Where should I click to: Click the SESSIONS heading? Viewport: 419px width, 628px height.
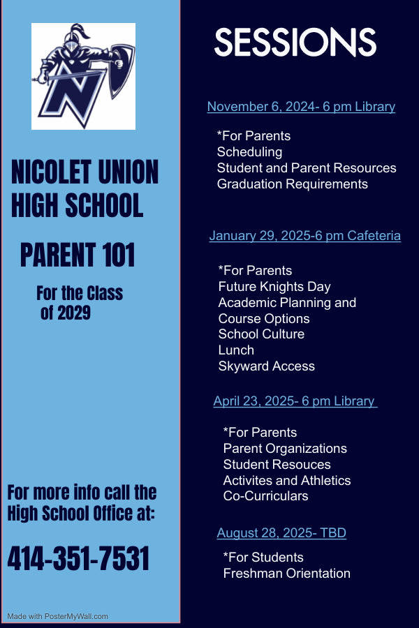pos(295,43)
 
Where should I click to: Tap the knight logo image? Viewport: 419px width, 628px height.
pos(83,76)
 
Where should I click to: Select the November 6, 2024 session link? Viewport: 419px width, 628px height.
pos(301,107)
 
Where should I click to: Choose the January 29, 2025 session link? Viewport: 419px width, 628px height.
pos(304,236)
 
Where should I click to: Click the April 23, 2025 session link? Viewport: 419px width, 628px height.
pos(295,401)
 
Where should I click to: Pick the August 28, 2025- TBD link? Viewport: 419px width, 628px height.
pos(281,533)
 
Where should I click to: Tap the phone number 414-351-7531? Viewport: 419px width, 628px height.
pos(79,559)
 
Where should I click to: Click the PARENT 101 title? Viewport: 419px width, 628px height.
pos(78,255)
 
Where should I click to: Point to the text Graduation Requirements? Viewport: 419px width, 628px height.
pos(292,184)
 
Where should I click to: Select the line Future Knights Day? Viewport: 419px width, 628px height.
pos(274,287)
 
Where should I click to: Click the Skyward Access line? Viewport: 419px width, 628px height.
pos(266,366)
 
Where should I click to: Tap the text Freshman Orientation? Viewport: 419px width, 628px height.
pos(286,574)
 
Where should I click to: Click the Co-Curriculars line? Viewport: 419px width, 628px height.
pos(265,496)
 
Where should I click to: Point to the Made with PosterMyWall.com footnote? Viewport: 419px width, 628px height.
pos(57,616)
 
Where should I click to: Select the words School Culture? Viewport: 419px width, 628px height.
pos(261,334)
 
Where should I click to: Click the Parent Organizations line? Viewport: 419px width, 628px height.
pos(285,449)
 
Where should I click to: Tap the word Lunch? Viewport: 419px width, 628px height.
pos(236,350)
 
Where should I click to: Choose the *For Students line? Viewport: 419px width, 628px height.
pos(263,558)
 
